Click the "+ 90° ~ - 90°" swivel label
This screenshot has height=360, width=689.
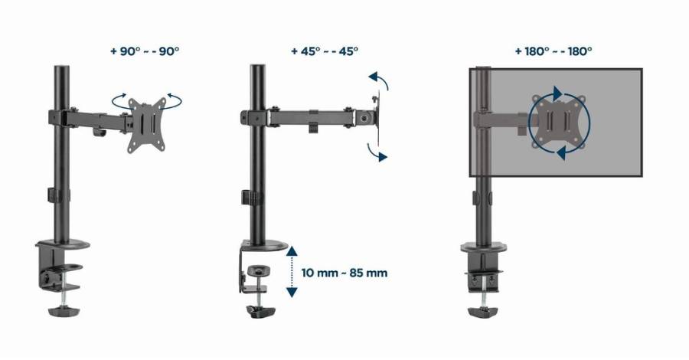point(145,51)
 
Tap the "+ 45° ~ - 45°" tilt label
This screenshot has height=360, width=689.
point(325,51)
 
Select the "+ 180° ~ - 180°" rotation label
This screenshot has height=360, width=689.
point(553,51)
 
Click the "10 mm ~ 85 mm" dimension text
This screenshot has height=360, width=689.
point(344,273)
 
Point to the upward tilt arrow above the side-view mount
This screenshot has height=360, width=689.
point(380,80)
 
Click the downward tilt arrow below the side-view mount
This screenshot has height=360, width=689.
point(377,152)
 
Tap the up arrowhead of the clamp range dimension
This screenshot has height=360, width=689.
point(292,251)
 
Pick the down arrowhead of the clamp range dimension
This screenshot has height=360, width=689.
point(292,292)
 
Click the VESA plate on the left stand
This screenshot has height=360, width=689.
point(147,126)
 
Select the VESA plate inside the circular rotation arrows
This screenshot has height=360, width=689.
point(559,122)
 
